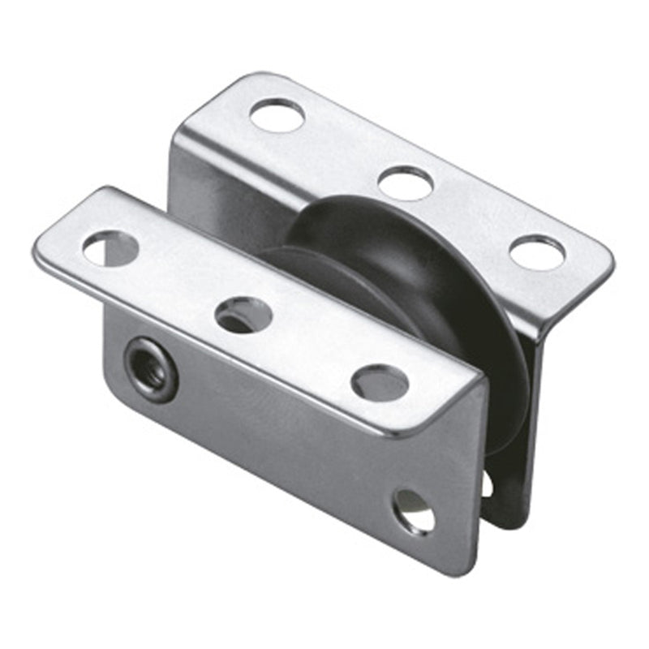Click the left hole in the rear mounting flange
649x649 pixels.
tap(277, 114)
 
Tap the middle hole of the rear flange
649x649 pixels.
tap(406, 183)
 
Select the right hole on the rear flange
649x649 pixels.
tap(537, 252)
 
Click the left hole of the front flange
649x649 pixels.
tap(110, 248)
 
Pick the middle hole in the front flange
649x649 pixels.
tap(243, 314)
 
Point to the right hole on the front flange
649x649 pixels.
tap(380, 381)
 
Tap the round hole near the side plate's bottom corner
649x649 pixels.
tap(413, 510)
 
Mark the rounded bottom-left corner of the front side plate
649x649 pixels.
tap(114, 381)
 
